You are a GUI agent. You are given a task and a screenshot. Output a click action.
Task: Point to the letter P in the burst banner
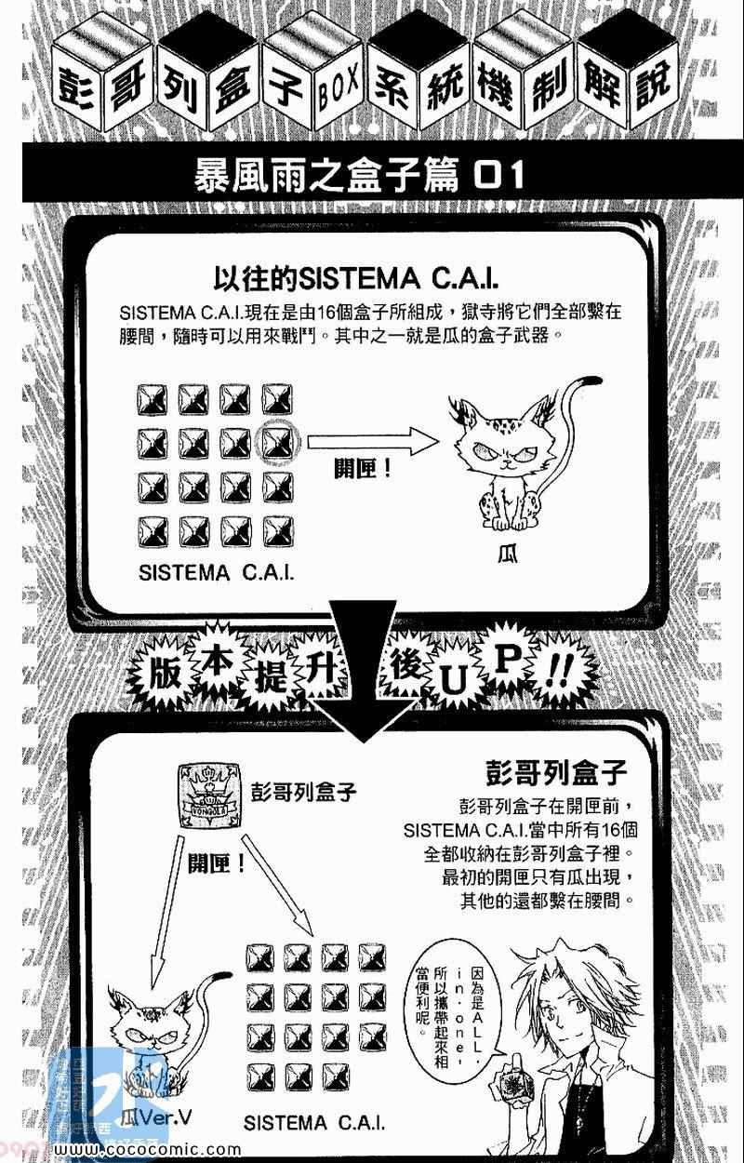(511, 659)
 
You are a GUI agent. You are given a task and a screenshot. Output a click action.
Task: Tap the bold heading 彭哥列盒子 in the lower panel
(557, 772)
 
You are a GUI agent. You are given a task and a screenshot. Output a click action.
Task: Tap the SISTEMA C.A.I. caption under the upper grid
(216, 571)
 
